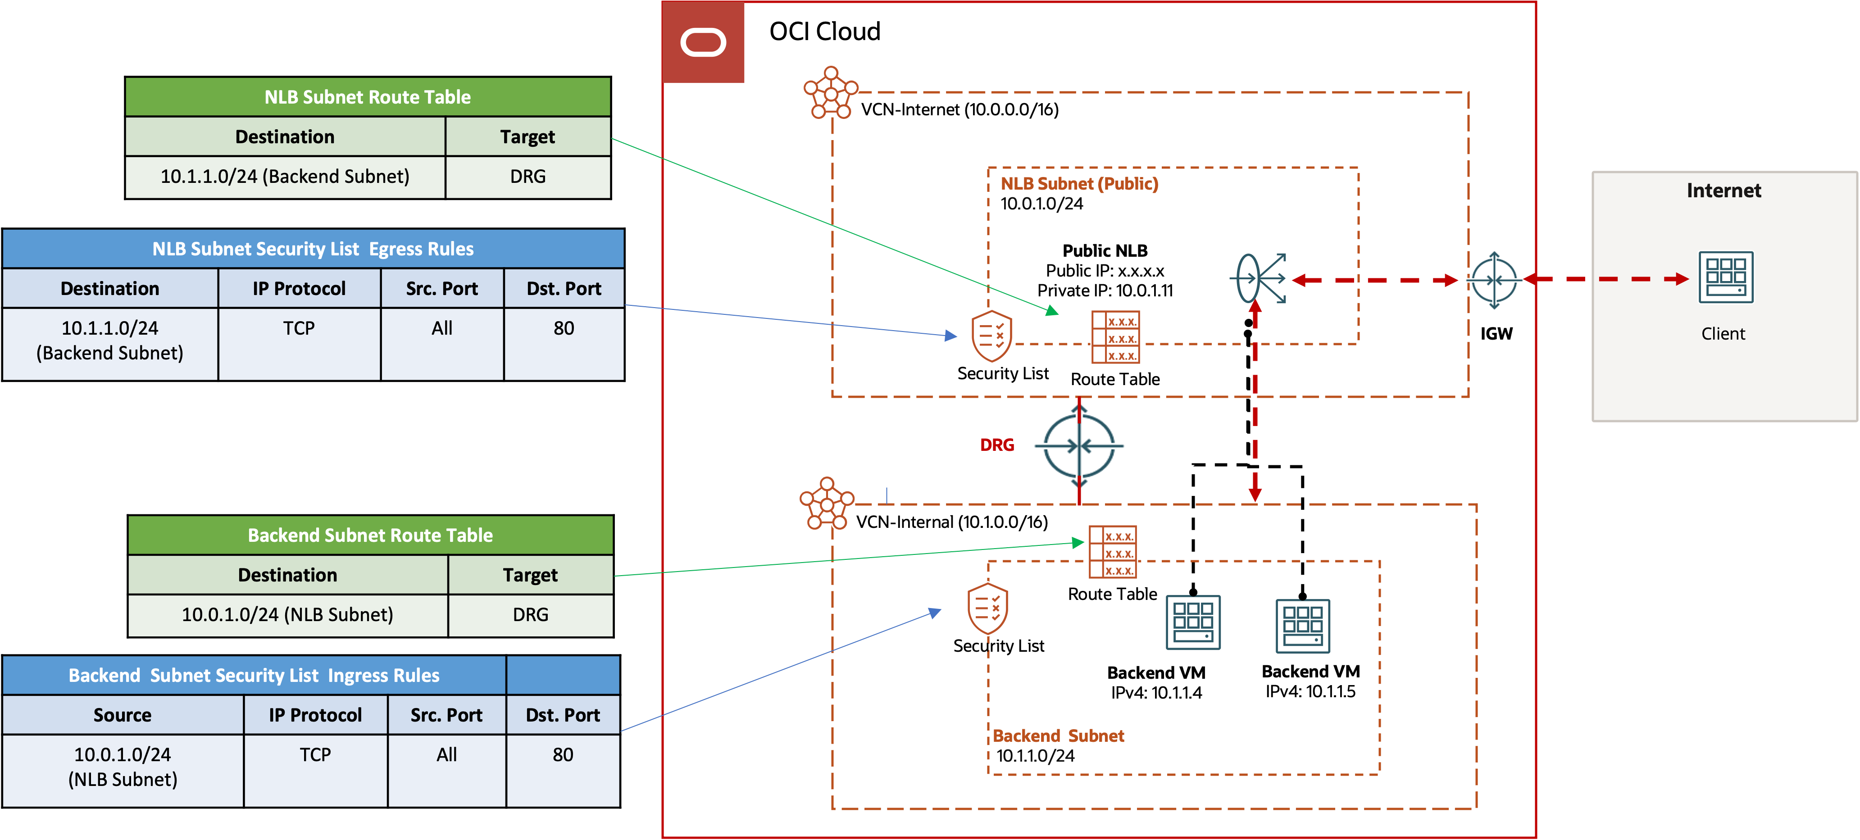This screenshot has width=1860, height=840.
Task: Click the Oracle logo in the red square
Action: tap(703, 43)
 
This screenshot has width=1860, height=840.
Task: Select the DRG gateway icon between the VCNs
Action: tap(1079, 445)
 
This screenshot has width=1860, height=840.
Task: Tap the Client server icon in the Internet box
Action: tap(1725, 277)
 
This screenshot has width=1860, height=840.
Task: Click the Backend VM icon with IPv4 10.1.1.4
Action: tap(1193, 622)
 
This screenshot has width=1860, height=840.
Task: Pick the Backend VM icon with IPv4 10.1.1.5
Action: tap(1303, 626)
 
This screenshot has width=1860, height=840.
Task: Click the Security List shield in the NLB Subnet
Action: tap(991, 336)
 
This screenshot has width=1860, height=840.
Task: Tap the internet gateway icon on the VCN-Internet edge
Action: tap(1494, 280)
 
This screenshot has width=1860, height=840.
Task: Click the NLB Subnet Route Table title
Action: tap(368, 97)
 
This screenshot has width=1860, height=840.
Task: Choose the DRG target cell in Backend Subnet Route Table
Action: tap(530, 615)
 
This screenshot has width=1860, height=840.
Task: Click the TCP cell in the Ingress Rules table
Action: tap(315, 755)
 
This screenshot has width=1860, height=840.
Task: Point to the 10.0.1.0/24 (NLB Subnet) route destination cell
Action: tap(287, 615)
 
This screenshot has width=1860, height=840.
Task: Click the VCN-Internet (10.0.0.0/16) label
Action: tap(960, 110)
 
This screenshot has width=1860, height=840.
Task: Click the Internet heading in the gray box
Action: tap(1724, 191)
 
